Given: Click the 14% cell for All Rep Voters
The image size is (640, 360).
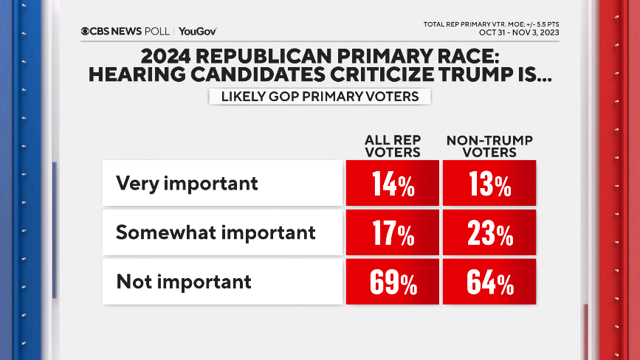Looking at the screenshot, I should point(393,184).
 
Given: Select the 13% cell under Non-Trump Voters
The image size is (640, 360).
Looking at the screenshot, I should point(489,184).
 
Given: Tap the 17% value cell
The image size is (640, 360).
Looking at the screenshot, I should point(393,233).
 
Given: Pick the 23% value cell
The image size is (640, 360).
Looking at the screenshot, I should point(489,233).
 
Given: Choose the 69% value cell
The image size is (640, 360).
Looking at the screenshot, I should point(393,282).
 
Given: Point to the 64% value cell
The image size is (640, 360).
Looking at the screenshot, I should point(489,282).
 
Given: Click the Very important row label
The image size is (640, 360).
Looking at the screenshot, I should point(187,183).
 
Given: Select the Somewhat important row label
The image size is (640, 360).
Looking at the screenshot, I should point(216,232).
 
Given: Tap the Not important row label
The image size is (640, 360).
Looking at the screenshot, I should point(183,281).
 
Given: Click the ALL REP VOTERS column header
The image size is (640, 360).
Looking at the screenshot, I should point(393,147).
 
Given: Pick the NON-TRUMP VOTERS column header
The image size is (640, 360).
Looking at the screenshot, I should point(489,147).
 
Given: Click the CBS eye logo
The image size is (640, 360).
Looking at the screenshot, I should point(86,31).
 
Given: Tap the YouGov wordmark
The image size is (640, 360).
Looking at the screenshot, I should point(197,31).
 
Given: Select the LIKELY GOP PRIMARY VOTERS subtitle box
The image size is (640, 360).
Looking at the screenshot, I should point(320,97).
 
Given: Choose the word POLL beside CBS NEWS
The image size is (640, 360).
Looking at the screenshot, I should point(157,31).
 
